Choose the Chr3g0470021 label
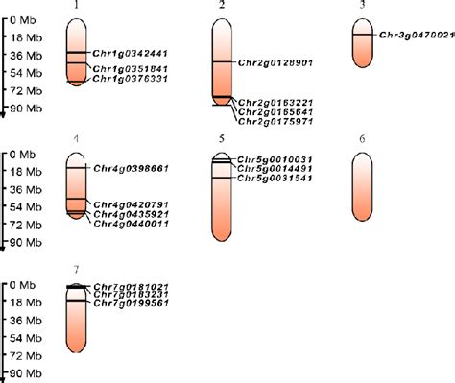click(416, 36)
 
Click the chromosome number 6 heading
click(362, 140)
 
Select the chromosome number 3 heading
click(362, 6)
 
